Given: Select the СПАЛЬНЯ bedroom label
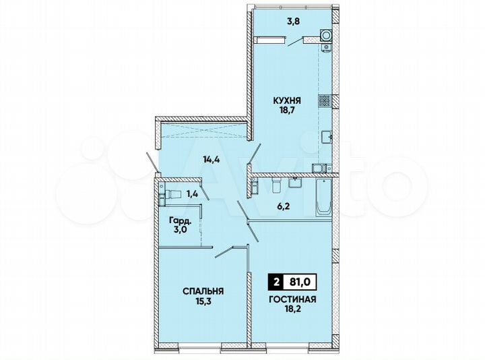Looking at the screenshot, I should (203, 291).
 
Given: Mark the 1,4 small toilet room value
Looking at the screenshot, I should (192, 194).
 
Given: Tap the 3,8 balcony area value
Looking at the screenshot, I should (275, 21).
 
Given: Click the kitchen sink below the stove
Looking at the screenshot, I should (326, 137).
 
